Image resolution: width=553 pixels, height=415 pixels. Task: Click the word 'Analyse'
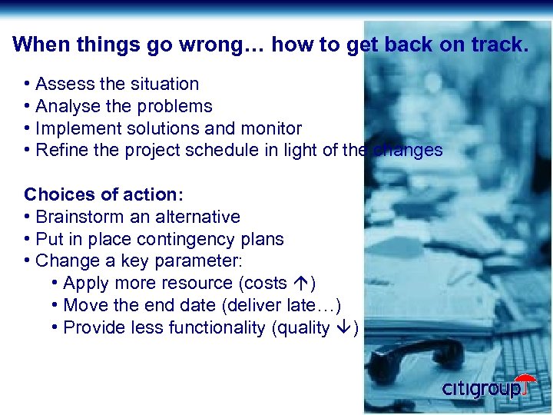[67, 106]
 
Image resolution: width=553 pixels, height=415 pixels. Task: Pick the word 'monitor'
[270, 128]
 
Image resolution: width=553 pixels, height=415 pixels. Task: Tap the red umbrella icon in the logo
[525, 383]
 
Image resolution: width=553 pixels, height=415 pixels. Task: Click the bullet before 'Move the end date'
[55, 305]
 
